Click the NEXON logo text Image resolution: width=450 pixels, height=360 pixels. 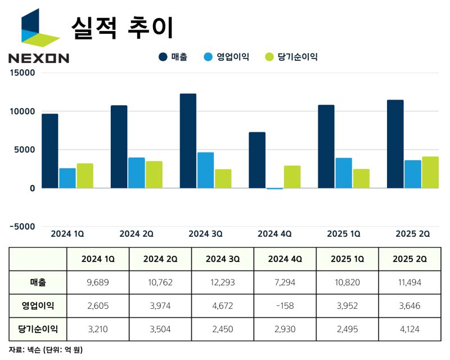pyautogui.click(x=39, y=57)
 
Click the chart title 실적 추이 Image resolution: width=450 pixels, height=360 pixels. pyautogui.click(x=122, y=26)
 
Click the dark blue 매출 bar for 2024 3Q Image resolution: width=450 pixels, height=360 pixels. pyautogui.click(x=188, y=141)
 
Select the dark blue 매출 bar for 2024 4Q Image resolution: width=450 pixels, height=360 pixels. pyautogui.click(x=257, y=160)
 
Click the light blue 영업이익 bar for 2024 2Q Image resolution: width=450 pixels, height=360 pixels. pyautogui.click(x=136, y=173)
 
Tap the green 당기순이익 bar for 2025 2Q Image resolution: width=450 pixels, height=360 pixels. pyautogui.click(x=430, y=172)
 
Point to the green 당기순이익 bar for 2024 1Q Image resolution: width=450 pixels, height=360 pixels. pyautogui.click(x=85, y=175)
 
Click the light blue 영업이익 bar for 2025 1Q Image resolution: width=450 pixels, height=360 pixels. pyautogui.click(x=343, y=173)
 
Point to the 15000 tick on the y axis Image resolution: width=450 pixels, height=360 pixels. pyautogui.click(x=23, y=73)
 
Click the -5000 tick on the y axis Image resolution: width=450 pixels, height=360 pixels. pyautogui.click(x=21, y=226)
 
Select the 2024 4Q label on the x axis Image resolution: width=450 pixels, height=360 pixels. pyautogui.click(x=274, y=233)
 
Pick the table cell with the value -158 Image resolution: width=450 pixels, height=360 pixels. pyautogui.click(x=285, y=305)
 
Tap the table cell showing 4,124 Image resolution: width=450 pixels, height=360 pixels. pyautogui.click(x=409, y=328)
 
